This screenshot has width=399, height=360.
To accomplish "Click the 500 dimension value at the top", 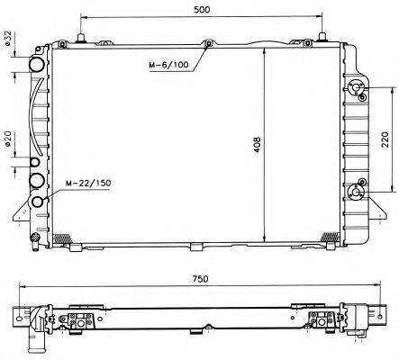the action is click(x=202, y=9).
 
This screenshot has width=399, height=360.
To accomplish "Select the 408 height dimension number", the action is click(x=258, y=145).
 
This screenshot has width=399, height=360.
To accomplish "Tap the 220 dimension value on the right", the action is click(x=385, y=139).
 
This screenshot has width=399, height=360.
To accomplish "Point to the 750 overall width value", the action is click(x=200, y=279).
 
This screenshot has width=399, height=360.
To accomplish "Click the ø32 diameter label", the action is click(x=7, y=38).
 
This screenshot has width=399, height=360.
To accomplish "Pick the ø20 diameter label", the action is click(x=7, y=139).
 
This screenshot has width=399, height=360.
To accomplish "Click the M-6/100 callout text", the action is click(x=168, y=65).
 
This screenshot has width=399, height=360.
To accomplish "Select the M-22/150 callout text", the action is click(x=88, y=183).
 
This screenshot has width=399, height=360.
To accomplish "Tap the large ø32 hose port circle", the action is click(x=37, y=65).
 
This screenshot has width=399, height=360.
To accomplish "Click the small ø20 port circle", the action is click(x=35, y=162).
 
